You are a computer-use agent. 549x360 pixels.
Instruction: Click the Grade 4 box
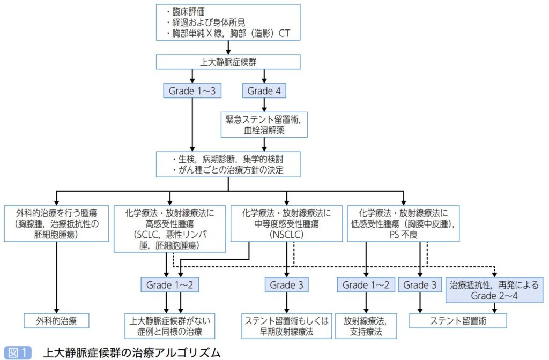pos(263,91)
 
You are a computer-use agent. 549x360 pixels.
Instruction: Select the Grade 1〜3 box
pos(192,91)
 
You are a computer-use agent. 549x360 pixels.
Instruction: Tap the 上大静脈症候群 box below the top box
pos(228,62)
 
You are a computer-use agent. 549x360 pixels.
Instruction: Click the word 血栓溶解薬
pos(263,131)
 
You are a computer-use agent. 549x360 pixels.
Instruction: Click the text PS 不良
pos(403,234)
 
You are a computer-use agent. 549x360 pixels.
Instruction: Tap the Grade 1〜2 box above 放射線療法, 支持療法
pos(366,285)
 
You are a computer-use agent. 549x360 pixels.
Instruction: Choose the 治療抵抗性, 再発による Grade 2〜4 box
pos(494,290)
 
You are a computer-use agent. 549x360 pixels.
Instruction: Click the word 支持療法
pos(366,332)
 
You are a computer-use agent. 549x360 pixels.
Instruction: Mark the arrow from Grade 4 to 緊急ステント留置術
pos(263,104)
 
